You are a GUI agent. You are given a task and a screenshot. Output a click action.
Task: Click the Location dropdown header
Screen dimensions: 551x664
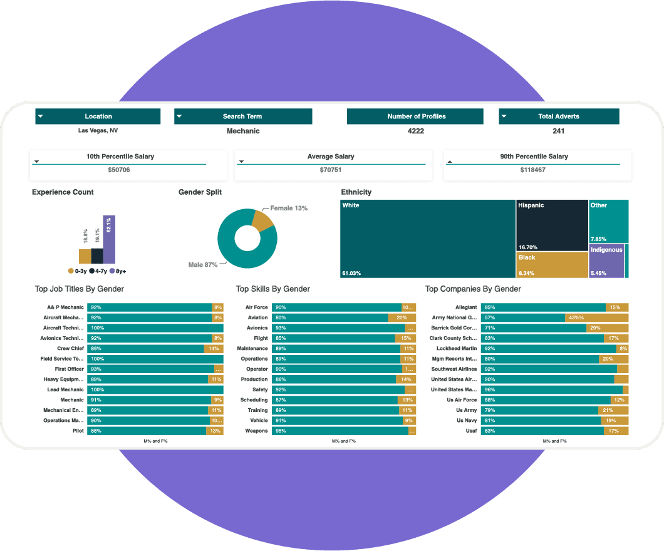click(x=98, y=116)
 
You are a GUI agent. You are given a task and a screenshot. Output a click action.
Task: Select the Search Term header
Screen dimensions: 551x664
click(x=242, y=116)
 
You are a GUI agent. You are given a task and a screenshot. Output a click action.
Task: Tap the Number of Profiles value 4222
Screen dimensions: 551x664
click(x=415, y=131)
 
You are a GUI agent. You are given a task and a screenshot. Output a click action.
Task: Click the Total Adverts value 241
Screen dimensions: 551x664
click(x=559, y=131)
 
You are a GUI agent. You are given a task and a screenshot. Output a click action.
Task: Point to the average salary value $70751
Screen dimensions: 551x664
click(x=331, y=170)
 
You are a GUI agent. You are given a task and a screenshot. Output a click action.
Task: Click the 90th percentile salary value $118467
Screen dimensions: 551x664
click(x=532, y=170)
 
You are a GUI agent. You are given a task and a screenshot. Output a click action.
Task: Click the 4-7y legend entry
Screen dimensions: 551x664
click(x=96, y=271)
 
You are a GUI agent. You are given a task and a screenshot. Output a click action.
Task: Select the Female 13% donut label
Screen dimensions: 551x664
click(x=289, y=208)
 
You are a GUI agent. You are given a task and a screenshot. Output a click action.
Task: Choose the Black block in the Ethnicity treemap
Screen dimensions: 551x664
click(x=552, y=265)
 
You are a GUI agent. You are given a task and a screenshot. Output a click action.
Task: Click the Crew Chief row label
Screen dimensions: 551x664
click(x=70, y=349)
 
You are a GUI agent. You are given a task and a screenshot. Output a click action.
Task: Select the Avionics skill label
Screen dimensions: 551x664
click(x=257, y=328)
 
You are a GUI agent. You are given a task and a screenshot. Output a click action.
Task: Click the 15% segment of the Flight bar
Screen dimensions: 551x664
click(x=405, y=338)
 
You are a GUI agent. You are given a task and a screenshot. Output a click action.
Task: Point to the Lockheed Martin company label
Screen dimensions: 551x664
click(x=457, y=349)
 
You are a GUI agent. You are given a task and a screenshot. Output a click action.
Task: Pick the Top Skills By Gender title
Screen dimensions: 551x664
click(x=273, y=289)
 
